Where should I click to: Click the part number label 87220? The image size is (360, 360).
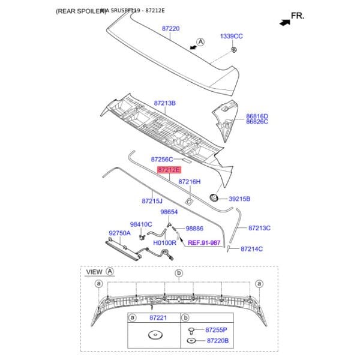(x=170, y=28)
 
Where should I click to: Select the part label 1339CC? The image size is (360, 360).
(x=231, y=37)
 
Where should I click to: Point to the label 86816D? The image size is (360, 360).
(x=257, y=116)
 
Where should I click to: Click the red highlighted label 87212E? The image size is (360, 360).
(x=169, y=170)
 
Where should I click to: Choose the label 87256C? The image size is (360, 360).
(x=162, y=160)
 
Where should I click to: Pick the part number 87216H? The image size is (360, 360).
(x=190, y=181)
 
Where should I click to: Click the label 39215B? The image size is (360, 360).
(x=239, y=199)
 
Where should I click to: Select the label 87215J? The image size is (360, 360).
(x=152, y=202)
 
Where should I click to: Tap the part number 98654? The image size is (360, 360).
(x=169, y=212)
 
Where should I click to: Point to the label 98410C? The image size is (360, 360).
(x=141, y=224)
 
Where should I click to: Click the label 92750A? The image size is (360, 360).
(x=119, y=233)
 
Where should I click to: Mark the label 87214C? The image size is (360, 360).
(x=252, y=248)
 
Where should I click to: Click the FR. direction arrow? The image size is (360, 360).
(x=283, y=21)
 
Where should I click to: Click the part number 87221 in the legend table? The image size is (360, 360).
(x=157, y=317)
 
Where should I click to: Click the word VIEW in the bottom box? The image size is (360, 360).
(x=94, y=272)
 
